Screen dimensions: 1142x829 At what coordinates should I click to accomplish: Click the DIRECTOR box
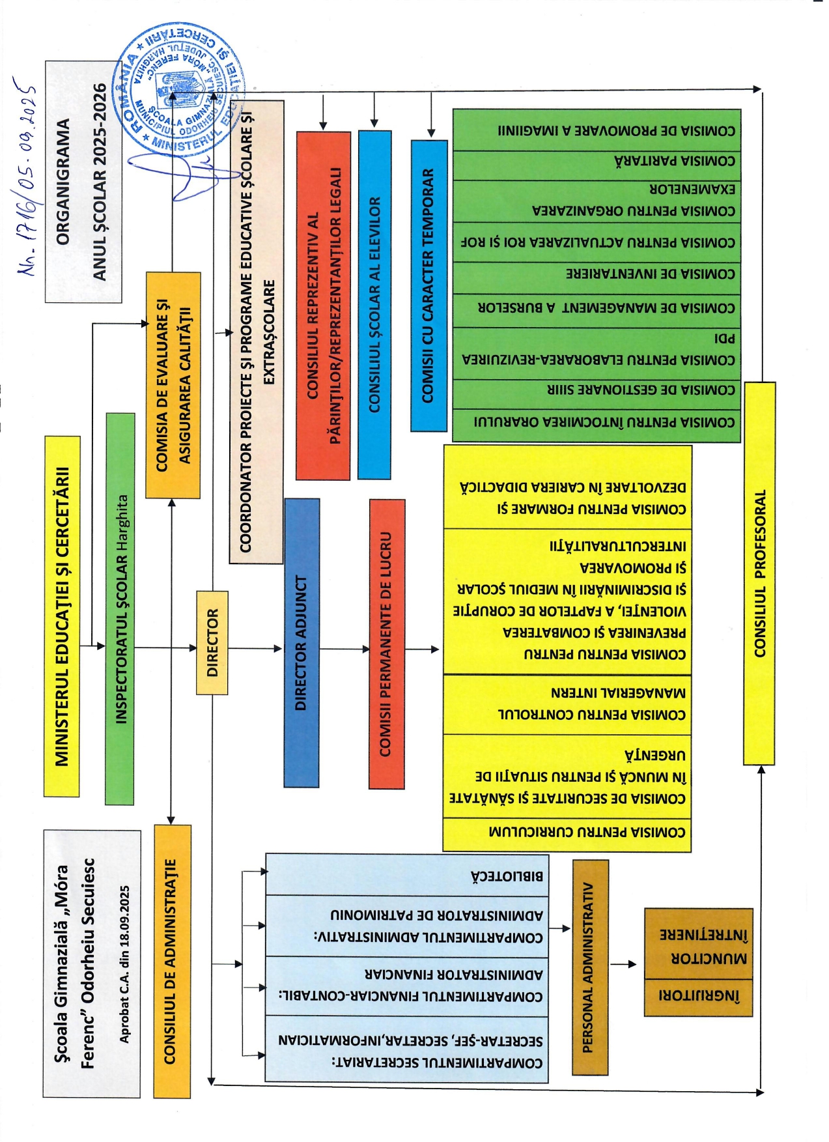click(212, 642)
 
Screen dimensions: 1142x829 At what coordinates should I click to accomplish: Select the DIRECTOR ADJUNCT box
click(302, 642)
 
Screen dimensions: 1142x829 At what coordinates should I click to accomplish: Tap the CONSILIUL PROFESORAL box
click(759, 573)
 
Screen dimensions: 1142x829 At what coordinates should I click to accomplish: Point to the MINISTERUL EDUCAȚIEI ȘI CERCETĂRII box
click(62, 616)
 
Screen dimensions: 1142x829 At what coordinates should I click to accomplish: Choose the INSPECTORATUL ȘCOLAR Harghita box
click(120, 608)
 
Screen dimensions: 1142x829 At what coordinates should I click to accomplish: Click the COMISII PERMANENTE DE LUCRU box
click(386, 642)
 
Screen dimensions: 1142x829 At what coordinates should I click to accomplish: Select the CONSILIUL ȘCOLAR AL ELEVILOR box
click(374, 305)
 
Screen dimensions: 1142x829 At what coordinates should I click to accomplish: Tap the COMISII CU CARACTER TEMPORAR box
click(429, 285)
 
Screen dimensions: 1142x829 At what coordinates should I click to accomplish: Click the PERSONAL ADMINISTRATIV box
click(590, 967)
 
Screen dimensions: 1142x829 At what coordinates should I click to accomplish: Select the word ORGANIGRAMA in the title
click(63, 182)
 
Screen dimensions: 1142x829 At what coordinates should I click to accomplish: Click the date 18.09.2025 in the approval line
click(124, 916)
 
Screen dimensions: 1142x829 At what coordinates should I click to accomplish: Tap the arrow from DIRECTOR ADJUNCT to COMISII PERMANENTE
click(344, 649)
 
